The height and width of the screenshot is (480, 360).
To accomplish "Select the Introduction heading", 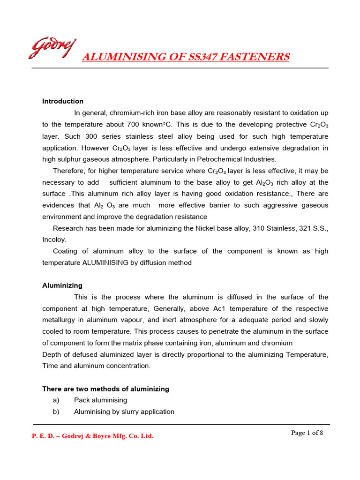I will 63,101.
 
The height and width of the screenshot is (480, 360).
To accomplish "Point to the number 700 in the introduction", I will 134,125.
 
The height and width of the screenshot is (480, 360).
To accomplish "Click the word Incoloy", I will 54,240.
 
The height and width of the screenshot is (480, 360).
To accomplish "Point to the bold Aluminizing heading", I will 62,285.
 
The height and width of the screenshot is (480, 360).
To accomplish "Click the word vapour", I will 139,320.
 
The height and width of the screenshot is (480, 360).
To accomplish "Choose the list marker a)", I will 56,400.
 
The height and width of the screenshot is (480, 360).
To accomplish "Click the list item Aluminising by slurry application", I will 124,412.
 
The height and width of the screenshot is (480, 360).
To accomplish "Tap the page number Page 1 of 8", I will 307,433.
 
